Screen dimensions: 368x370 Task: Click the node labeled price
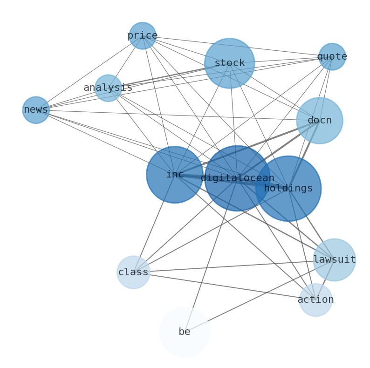point(142,35)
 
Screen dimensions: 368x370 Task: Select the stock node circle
point(229,63)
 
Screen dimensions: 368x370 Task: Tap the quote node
point(332,57)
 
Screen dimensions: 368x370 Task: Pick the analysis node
point(108,88)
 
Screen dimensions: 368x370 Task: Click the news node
point(36,110)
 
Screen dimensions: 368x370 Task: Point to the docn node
point(319,121)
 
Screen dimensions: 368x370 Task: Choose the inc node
point(175,175)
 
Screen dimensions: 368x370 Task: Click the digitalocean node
point(237,178)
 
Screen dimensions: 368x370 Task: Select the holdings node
point(288,188)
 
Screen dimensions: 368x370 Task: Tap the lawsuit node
point(334,260)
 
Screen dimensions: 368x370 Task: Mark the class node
point(133,272)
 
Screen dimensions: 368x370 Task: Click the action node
point(315,300)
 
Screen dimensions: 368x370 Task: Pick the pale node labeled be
point(185,332)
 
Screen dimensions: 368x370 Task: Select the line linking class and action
point(224,286)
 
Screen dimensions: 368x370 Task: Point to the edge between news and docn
point(177,115)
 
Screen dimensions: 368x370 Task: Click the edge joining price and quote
point(238,46)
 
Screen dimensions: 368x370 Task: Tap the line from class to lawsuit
point(233,266)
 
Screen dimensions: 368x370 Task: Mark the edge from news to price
point(89,73)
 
